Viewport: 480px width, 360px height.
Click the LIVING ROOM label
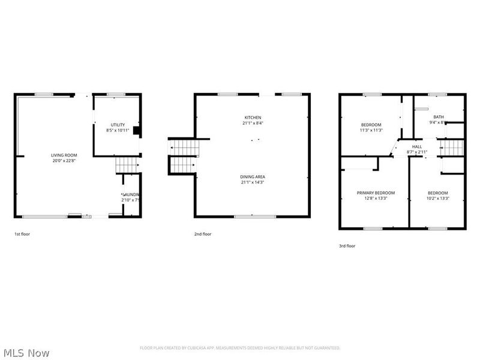tap(63, 155)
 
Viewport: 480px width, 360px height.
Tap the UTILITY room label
tap(117, 125)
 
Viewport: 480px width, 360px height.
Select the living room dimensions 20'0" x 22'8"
tap(63, 161)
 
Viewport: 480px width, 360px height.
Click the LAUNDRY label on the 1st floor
tap(131, 194)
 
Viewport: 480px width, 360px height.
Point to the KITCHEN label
tap(252, 118)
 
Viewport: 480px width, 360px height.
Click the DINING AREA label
tap(252, 176)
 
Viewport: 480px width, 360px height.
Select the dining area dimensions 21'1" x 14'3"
tap(252, 182)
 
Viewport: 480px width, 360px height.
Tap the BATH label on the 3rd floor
tap(439, 117)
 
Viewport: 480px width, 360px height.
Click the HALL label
tap(416, 147)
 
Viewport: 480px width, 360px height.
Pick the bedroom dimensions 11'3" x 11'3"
tap(371, 130)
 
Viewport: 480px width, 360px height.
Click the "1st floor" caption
tap(22, 234)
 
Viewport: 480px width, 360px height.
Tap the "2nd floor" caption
tap(202, 234)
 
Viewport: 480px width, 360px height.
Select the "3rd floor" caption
tap(347, 246)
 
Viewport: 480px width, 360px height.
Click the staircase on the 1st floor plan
tap(126, 163)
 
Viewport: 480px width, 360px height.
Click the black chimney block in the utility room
tap(136, 130)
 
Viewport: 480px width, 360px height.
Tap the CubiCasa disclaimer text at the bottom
tap(240, 348)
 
